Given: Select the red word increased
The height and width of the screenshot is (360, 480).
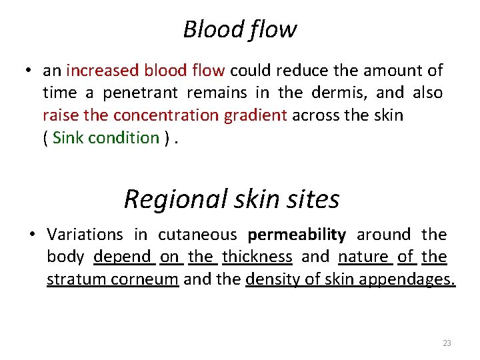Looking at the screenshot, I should tap(93, 70).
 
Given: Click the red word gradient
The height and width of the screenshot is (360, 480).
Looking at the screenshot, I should tap(253, 115).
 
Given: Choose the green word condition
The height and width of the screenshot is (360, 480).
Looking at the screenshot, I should tap(126, 138).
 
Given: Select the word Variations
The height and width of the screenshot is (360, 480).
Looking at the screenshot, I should tap(85, 235).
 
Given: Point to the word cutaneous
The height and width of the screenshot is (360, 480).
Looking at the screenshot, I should tap(197, 235).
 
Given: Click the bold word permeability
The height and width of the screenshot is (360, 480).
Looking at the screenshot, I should tap(297, 235).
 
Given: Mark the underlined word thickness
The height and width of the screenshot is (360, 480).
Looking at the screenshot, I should tap(257, 257).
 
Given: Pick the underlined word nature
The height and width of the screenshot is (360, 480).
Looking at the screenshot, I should tap(363, 257).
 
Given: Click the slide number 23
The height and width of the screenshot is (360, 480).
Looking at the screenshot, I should tap(447, 343).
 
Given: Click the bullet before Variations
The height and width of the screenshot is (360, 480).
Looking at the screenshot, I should tap(32, 235).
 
